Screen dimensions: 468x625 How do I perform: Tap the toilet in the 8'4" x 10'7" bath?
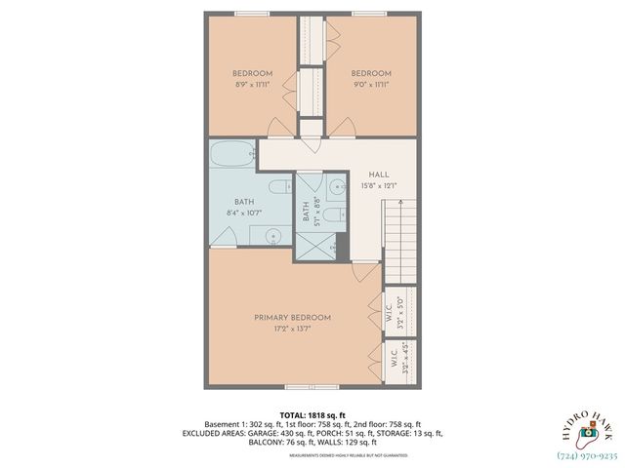tap(277, 186)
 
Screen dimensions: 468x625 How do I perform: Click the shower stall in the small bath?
tap(315, 246)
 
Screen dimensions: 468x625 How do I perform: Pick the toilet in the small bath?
tap(333, 214)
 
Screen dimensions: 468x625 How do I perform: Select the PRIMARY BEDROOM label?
tap(292, 318)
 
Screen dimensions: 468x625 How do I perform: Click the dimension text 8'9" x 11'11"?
tap(252, 86)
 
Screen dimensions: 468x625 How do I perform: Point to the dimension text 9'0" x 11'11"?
tap(371, 86)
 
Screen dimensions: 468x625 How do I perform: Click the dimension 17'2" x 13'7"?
tap(292, 330)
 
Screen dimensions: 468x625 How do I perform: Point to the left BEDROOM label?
tap(252, 74)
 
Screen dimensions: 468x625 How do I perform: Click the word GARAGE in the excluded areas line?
tap(256, 433)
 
